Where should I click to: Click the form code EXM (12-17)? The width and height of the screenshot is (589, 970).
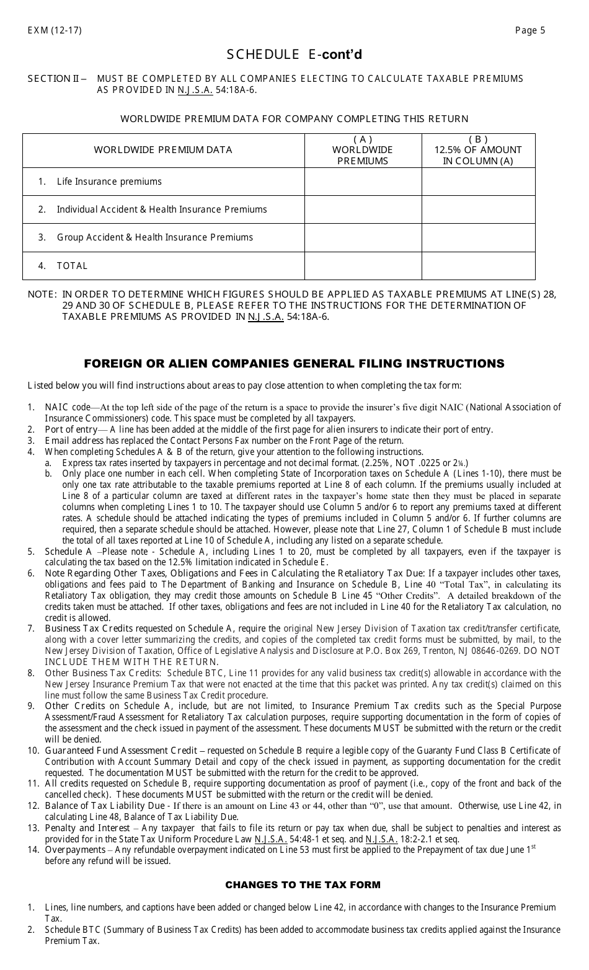click(x=55, y=30)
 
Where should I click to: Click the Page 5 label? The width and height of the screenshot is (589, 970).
click(x=530, y=30)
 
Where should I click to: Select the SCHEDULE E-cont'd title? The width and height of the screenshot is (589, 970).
click(x=294, y=55)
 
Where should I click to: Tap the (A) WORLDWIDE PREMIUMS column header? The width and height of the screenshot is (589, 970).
click(x=363, y=150)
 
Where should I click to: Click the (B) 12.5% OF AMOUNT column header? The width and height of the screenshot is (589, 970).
click(x=478, y=150)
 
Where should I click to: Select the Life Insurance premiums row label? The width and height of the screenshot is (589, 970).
click(x=109, y=182)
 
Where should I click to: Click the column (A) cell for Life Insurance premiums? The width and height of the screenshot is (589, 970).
click(x=363, y=182)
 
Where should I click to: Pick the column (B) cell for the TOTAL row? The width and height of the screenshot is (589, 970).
click(x=478, y=266)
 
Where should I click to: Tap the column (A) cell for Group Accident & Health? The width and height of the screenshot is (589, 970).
click(x=363, y=237)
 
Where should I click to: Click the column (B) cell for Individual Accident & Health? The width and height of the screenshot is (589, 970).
click(x=478, y=209)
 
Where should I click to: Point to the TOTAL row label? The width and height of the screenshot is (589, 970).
click(x=72, y=266)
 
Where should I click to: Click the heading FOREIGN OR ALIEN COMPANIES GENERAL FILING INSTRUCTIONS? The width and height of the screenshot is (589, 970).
click(x=294, y=364)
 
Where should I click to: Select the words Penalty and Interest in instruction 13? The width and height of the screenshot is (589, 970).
click(x=89, y=828)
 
